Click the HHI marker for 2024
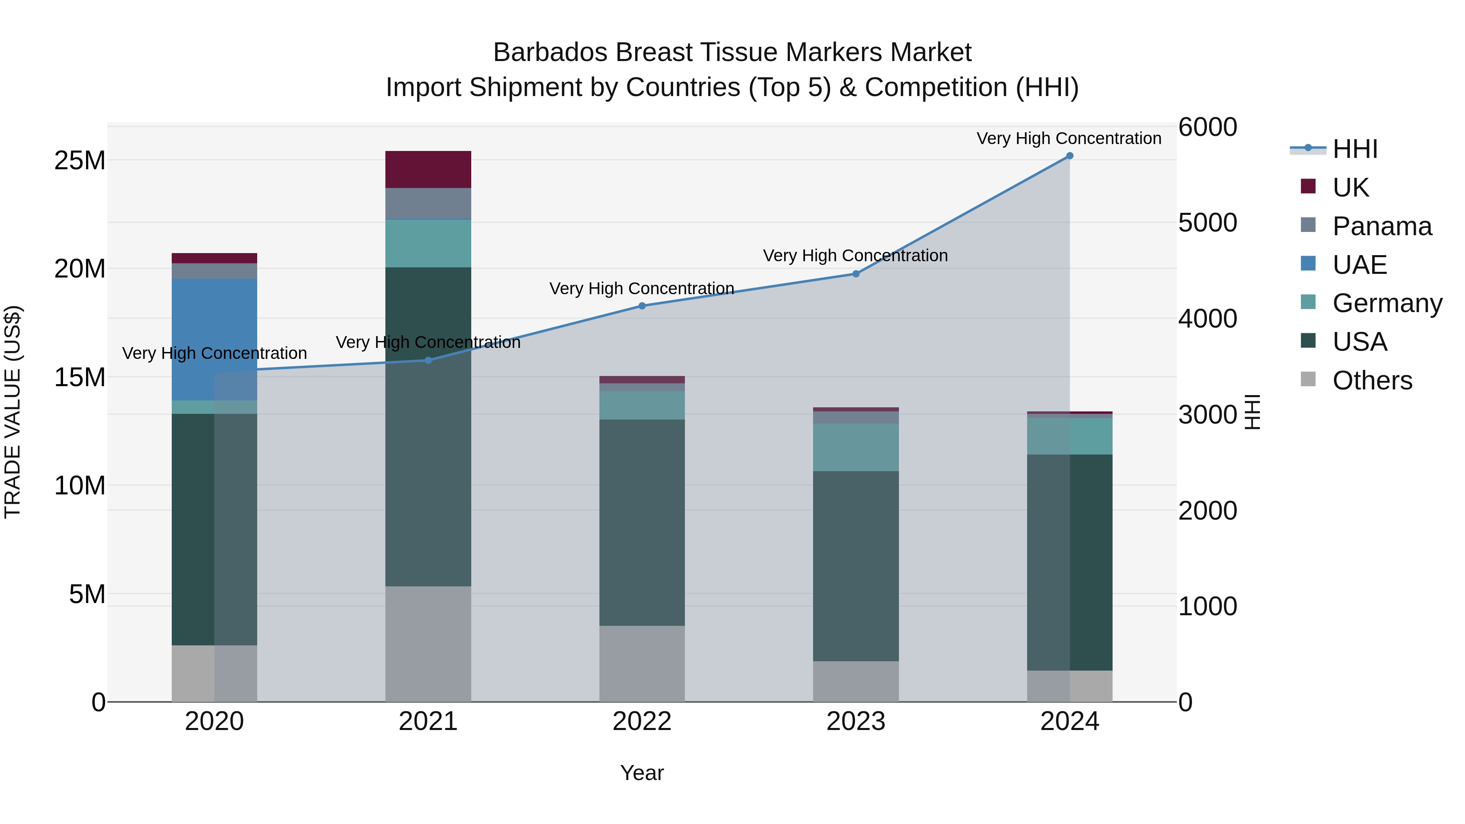(x=1069, y=156)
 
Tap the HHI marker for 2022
(x=642, y=306)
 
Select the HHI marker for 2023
(x=856, y=274)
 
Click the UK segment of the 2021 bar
(x=428, y=169)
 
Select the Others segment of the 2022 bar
(x=642, y=664)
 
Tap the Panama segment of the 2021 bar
(x=428, y=203)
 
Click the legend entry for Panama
(x=1382, y=226)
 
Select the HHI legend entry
(x=1355, y=149)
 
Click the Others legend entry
(x=1372, y=380)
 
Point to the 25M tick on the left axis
(x=80, y=161)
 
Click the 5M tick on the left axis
(x=87, y=594)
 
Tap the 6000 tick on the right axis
(x=1207, y=127)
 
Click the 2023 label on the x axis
(x=856, y=721)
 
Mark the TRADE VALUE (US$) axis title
(x=13, y=412)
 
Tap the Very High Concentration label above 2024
(x=1069, y=138)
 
